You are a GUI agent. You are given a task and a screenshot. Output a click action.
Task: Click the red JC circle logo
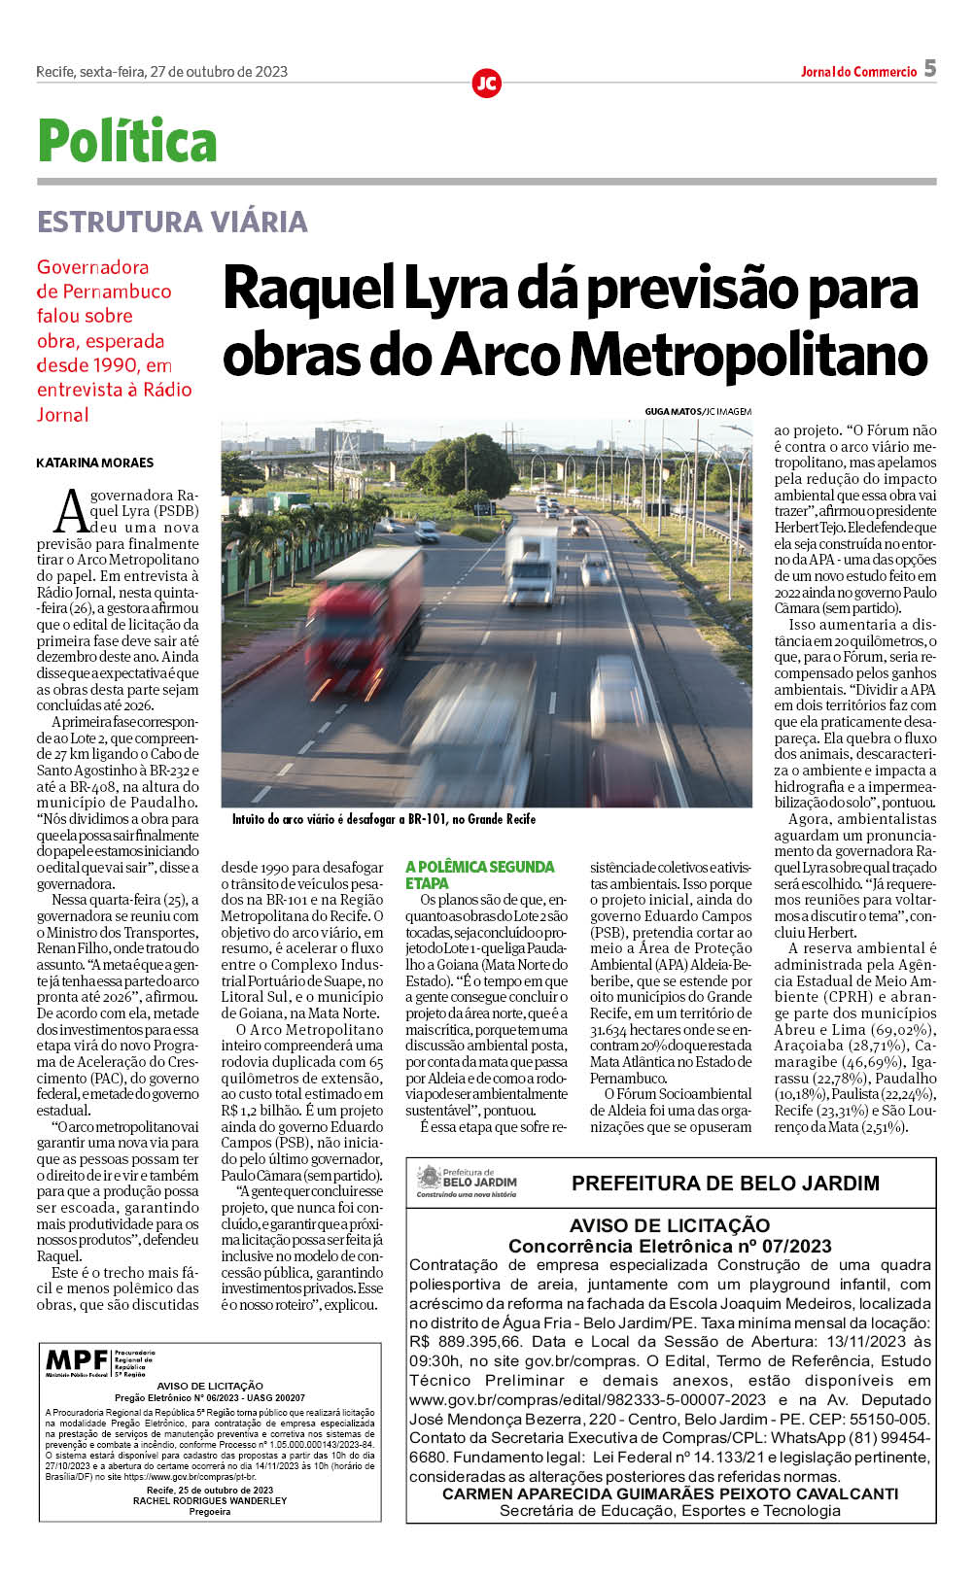tap(486, 84)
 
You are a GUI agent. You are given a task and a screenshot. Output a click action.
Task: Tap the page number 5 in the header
tap(930, 68)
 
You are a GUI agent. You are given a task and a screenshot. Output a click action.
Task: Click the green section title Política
tap(126, 142)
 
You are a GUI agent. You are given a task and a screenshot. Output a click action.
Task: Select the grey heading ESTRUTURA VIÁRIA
tap(172, 222)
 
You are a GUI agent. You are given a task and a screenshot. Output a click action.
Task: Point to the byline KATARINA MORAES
tap(95, 463)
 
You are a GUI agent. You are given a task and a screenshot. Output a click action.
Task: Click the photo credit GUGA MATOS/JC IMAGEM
tap(697, 412)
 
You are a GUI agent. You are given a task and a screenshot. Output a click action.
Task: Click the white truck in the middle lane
tap(531, 562)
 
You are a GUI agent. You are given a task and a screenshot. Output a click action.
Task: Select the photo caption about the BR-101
tap(383, 819)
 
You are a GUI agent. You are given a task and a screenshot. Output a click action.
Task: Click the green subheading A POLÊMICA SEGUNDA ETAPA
tap(480, 875)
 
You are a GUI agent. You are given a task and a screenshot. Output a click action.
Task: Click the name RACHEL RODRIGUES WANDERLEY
tap(210, 1500)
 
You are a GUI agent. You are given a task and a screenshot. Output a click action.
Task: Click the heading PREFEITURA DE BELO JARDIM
tap(725, 1184)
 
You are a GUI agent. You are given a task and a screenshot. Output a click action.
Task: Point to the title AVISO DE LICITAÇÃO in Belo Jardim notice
tap(670, 1225)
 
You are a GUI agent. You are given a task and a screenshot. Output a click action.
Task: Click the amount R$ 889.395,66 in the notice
tap(466, 1342)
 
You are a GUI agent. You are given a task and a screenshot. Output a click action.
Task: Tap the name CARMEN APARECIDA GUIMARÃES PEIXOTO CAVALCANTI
tap(670, 1493)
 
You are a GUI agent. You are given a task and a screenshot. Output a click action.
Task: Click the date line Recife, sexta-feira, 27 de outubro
tap(161, 72)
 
